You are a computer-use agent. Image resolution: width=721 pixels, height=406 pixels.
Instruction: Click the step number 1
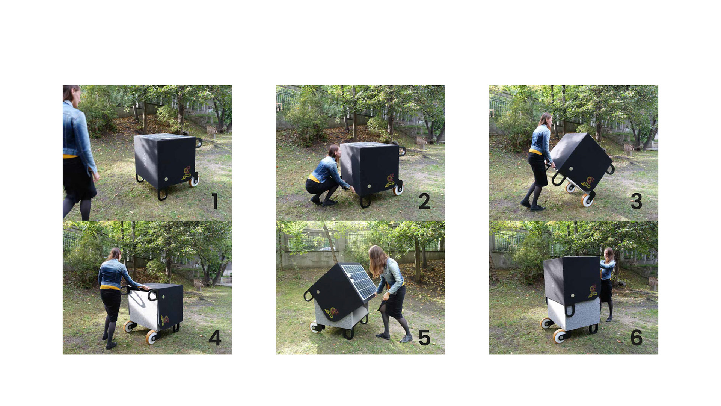215,201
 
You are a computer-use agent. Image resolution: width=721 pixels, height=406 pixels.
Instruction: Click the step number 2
424,201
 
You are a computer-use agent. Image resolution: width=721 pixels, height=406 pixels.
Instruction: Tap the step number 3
637,201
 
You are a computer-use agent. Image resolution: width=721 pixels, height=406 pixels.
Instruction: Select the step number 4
215,338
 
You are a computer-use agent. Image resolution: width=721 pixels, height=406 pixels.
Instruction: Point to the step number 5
424,338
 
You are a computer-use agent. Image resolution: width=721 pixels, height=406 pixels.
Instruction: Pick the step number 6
637,338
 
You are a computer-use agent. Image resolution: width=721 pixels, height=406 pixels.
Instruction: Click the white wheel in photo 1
194,181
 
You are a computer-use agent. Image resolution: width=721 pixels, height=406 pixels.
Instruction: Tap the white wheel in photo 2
398,189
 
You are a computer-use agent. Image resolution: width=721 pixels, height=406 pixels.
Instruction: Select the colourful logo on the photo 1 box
187,173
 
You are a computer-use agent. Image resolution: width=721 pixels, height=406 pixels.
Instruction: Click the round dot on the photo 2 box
369,186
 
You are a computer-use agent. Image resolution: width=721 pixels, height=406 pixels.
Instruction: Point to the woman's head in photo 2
334,151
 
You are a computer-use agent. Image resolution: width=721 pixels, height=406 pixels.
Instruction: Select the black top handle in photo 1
198,142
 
